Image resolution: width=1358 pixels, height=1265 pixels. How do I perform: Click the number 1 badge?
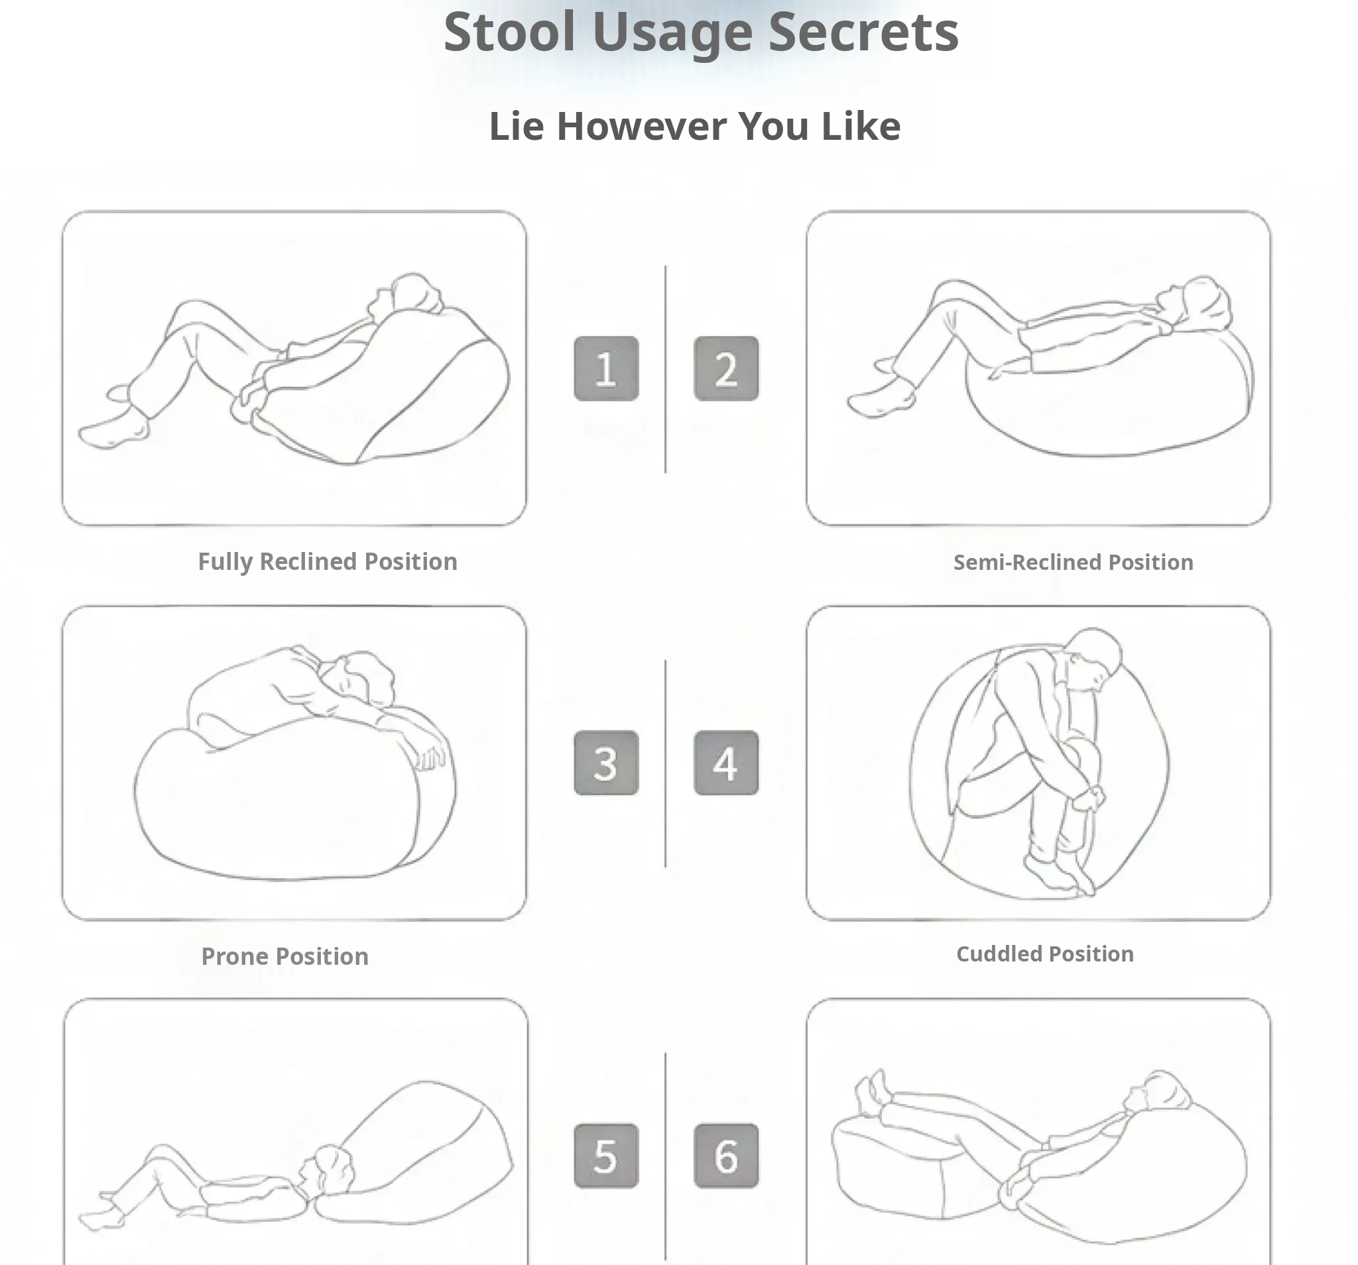tap(606, 368)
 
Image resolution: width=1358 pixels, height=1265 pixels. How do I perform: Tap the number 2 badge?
tap(726, 368)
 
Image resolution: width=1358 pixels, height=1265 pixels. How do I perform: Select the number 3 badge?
tap(606, 763)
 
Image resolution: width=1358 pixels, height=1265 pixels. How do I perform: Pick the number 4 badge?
tap(726, 763)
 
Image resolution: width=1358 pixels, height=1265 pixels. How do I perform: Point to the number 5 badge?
tap(606, 1156)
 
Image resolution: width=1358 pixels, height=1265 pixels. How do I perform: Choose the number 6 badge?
tap(726, 1156)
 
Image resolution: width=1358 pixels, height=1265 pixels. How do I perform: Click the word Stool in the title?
tap(510, 31)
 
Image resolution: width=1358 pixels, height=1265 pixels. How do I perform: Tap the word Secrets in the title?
tap(863, 31)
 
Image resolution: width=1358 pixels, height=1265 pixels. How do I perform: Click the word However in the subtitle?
tap(642, 127)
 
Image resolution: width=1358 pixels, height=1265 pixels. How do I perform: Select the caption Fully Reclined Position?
tap(328, 562)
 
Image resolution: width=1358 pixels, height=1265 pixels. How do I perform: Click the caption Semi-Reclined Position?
tap(1073, 562)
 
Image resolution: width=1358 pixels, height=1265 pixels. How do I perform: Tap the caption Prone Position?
tap(285, 956)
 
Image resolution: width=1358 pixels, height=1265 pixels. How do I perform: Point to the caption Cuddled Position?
tap(1045, 954)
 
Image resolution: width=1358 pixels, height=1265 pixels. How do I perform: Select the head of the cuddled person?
tap(1093, 655)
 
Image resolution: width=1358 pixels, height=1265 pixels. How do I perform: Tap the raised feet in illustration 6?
tap(875, 1093)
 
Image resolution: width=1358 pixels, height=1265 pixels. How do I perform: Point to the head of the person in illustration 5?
tap(330, 1170)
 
